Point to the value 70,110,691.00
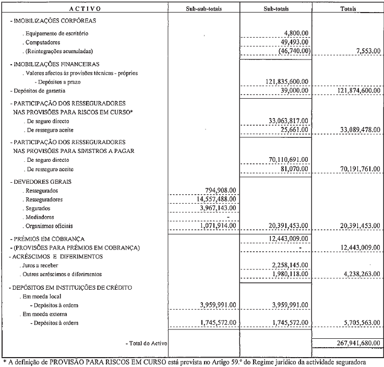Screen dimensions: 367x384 tap(285, 160)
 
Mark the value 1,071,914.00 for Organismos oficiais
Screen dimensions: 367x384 tap(215, 226)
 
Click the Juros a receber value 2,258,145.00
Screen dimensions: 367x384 tap(287, 265)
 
